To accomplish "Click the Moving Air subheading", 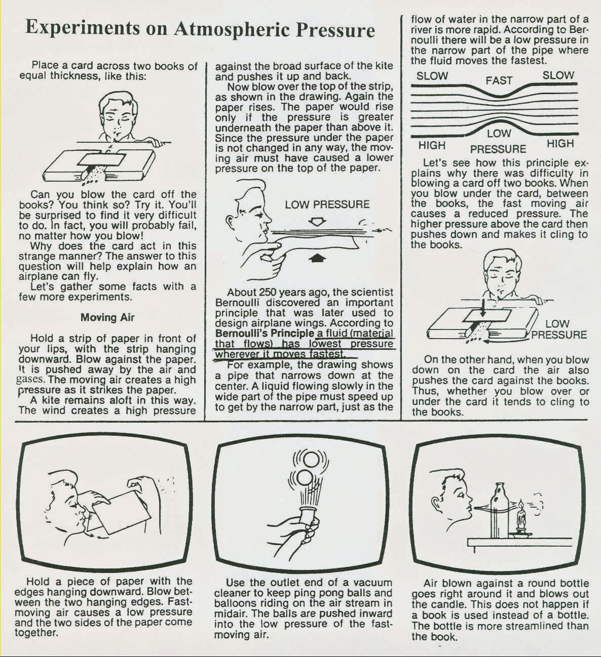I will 107,318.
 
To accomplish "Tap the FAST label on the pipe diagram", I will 499,81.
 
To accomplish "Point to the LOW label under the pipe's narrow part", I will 499,134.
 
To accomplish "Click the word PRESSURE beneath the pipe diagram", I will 498,149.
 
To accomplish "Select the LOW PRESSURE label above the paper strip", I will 327,205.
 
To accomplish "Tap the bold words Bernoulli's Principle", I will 265,334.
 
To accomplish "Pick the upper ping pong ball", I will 306,460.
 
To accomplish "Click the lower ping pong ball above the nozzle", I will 306,477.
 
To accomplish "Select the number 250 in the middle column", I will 268,292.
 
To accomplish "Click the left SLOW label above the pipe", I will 432,76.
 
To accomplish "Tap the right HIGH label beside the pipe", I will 560,144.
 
